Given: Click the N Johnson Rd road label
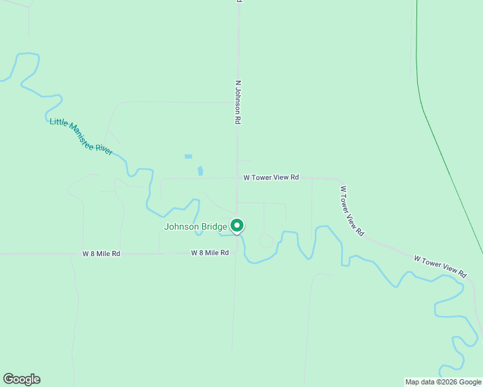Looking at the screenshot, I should [x=238, y=102].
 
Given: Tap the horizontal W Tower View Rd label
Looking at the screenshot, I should [x=271, y=177].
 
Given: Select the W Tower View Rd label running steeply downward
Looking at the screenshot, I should [x=353, y=211].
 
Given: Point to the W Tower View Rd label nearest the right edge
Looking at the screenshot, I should [x=440, y=266].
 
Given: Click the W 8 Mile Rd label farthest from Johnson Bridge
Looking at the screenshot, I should [x=101, y=254].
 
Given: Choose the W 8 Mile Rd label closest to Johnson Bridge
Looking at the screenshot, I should [x=210, y=253].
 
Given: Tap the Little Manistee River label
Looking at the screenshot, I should [x=81, y=136].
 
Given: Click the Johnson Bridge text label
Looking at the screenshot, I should [x=196, y=226].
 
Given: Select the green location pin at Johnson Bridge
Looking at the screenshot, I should [x=237, y=226].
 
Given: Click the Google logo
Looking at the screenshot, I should [x=21, y=379].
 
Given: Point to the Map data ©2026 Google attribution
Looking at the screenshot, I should [x=443, y=382].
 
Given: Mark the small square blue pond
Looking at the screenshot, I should [x=188, y=156].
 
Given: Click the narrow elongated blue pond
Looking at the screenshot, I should [x=200, y=172].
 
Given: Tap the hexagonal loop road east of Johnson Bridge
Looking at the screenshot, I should [x=265, y=241].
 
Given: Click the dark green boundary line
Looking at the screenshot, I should [x=446, y=161].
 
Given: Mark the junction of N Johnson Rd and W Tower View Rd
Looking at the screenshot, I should [x=238, y=178].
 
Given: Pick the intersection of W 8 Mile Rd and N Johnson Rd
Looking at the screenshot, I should [x=236, y=253].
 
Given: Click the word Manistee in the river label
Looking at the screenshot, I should [x=82, y=137].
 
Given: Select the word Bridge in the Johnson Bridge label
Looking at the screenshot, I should [x=214, y=226].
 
